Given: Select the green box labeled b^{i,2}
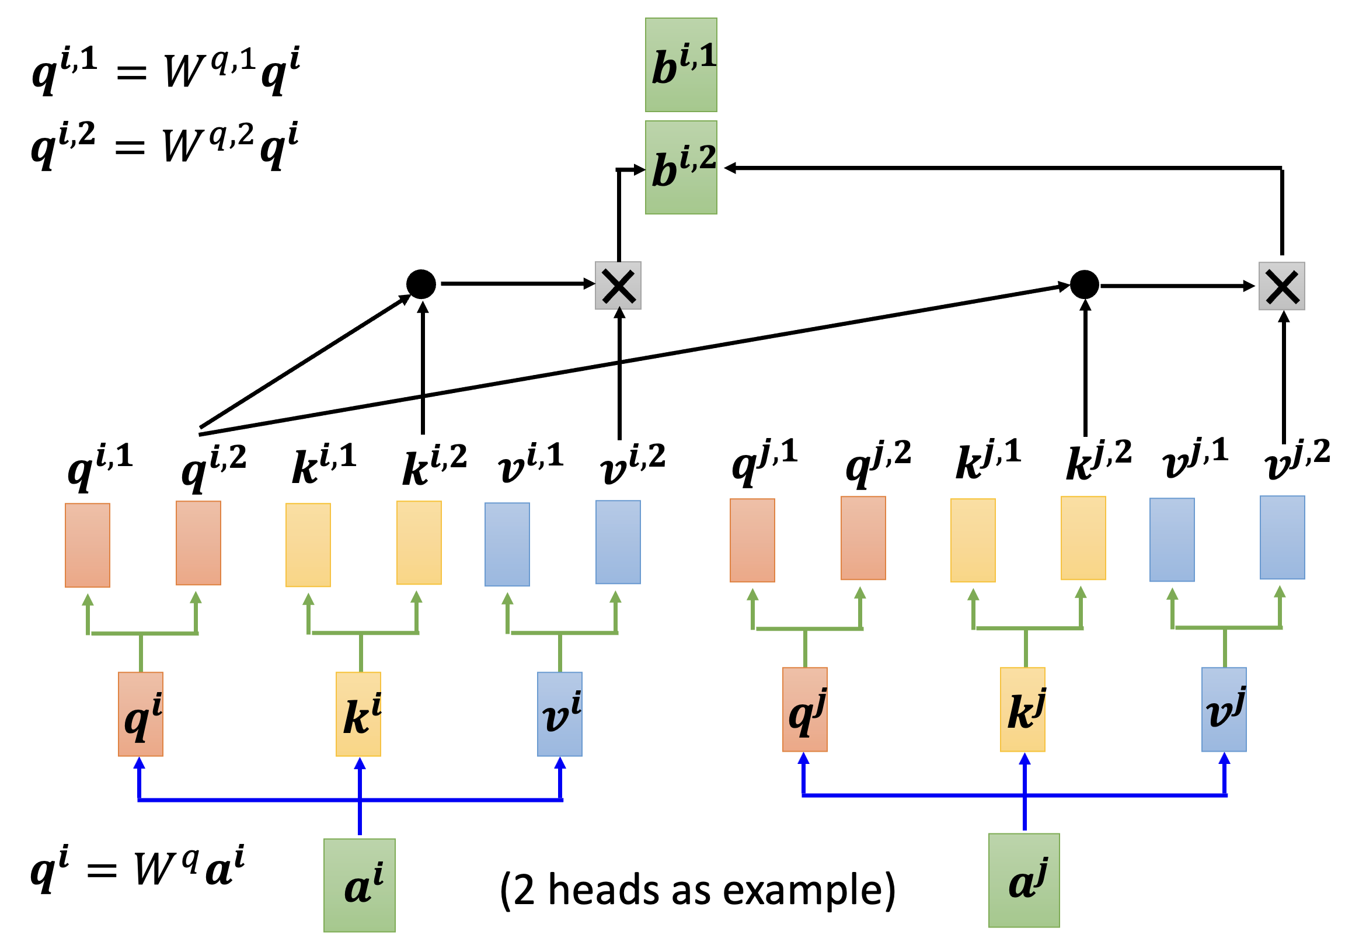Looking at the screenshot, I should (681, 168).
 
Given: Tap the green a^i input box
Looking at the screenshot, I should (359, 885).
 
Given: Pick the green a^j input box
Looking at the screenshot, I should (1024, 881).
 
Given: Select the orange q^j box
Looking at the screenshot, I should (804, 710).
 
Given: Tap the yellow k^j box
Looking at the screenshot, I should (1022, 710).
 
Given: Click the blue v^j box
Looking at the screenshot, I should (1224, 710).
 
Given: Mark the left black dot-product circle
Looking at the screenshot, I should (421, 284).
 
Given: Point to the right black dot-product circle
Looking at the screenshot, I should (1085, 285).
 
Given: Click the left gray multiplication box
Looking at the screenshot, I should (618, 286).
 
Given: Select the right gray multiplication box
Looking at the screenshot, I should (1281, 286).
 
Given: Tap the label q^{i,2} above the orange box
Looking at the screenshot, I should (213, 466).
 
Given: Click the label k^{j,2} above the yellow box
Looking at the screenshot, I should (1098, 460).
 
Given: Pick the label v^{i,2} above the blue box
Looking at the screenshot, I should (632, 464).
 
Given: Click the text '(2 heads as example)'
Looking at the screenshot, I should (697, 890).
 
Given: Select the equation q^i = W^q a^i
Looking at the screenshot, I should (137, 868).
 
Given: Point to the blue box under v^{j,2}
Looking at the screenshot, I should (1282, 537).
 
